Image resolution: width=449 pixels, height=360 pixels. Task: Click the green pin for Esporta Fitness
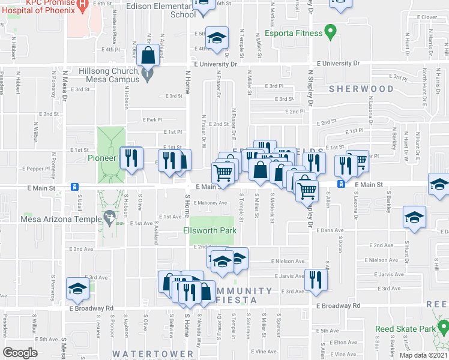(x=329, y=31)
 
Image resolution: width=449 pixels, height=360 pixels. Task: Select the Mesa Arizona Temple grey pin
(x=109, y=217)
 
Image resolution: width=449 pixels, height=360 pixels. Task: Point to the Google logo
(x=20, y=353)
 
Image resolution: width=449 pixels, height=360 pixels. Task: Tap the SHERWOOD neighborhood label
(x=361, y=89)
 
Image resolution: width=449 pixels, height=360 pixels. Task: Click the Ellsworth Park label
(x=210, y=230)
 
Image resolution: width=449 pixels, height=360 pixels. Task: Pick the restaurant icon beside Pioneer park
(x=131, y=158)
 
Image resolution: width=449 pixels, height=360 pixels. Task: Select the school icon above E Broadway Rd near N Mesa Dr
(x=77, y=289)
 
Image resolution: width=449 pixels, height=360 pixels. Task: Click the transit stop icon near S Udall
(x=74, y=186)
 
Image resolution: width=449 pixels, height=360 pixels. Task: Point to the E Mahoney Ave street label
(x=210, y=203)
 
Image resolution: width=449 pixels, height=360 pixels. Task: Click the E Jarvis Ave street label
(x=288, y=276)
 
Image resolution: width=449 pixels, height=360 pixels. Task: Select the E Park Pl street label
(x=153, y=119)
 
